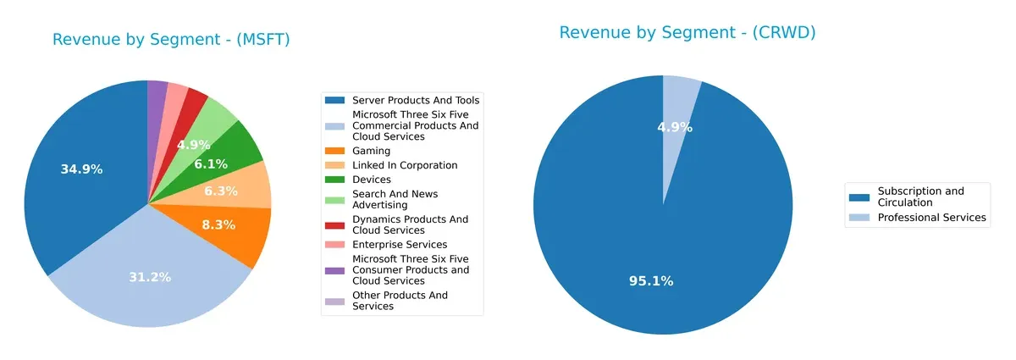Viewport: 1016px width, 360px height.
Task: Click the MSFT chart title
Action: pyautogui.click(x=171, y=40)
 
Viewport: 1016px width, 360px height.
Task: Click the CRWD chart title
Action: pyautogui.click(x=687, y=33)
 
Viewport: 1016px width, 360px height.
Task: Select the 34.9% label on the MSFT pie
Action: pyautogui.click(x=81, y=169)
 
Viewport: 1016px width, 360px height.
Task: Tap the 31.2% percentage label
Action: pyautogui.click(x=150, y=278)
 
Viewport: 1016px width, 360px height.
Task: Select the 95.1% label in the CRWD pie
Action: pyautogui.click(x=652, y=281)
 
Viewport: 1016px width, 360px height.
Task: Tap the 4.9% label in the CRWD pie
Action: pyautogui.click(x=675, y=128)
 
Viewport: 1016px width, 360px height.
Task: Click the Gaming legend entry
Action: pyautogui.click(x=371, y=151)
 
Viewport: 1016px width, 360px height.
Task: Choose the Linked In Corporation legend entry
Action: pyautogui.click(x=405, y=165)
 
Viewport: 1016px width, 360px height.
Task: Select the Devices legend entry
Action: pyautogui.click(x=371, y=180)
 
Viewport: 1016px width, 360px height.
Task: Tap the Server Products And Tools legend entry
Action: pyautogui.click(x=415, y=100)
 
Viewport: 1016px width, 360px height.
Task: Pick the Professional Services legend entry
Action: pyautogui.click(x=931, y=218)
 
